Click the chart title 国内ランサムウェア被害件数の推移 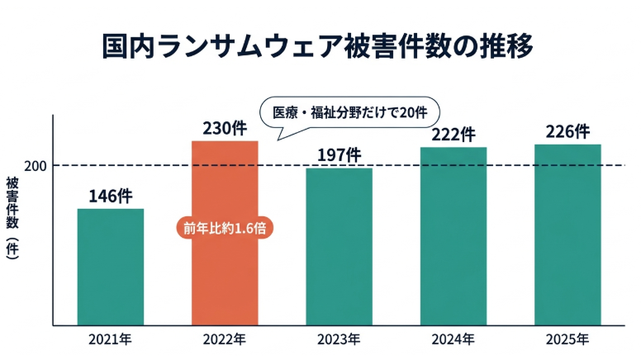click(318, 45)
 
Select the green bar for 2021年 click(111, 266)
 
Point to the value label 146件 click(111, 196)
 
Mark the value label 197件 click(339, 154)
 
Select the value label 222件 click(453, 134)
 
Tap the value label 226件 click(567, 131)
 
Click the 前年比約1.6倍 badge click(225, 228)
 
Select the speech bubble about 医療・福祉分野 click(349, 112)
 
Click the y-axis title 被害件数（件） click(12, 220)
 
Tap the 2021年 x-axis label click(111, 339)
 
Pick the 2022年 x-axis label click(225, 339)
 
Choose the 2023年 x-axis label click(339, 339)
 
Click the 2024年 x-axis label click(453, 339)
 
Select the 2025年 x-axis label click(567, 339)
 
